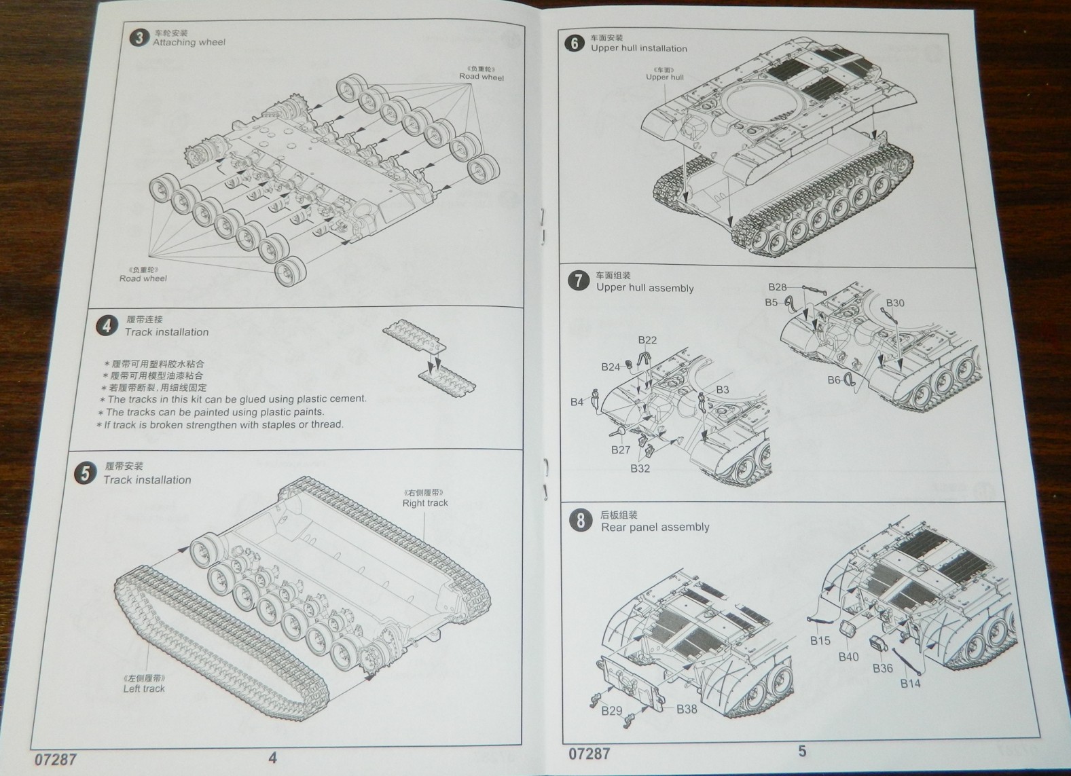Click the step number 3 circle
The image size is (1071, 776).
pos(139,38)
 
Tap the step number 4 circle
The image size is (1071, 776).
pos(106,326)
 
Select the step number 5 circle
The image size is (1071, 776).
pos(85,473)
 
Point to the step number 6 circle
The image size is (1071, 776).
pos(574,43)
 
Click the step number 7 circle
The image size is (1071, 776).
pos(578,280)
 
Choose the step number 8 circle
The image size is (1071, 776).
pos(580,521)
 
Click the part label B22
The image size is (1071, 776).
pos(647,340)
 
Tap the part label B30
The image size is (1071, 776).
pos(895,303)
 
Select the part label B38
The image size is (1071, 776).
pos(687,709)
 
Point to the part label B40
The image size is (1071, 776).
pos(848,657)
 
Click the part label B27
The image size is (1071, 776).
pos(620,449)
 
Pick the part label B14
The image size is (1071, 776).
pos(910,683)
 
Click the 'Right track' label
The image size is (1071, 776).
pos(425,503)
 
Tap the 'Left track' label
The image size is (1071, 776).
pos(144,688)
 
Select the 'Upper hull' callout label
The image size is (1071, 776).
pos(665,77)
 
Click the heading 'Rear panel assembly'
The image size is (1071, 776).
pos(655,527)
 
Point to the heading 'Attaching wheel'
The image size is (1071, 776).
pos(189,42)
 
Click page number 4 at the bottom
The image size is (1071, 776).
pos(272,757)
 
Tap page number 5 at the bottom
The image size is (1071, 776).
pos(802,751)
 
